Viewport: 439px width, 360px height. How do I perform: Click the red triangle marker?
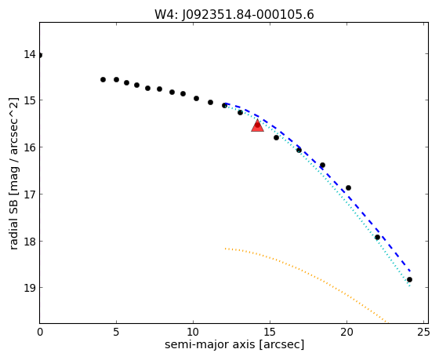257,125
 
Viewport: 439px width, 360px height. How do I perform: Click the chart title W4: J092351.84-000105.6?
234,15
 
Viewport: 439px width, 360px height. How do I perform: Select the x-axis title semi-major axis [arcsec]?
234,344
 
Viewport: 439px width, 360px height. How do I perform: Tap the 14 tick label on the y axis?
30,54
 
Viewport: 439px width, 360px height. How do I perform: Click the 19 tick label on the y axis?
30,288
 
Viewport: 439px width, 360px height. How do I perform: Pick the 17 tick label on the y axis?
30,195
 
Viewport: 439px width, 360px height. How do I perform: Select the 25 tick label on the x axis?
423,333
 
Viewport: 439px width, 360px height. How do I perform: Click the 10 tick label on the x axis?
193,333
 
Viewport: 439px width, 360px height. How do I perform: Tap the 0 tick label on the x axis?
40,333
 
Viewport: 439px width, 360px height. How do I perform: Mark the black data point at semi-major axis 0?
40,55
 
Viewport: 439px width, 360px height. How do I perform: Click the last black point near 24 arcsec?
409,279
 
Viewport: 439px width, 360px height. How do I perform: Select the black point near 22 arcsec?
377,238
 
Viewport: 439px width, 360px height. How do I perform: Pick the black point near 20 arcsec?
348,187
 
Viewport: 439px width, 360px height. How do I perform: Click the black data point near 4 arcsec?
103,79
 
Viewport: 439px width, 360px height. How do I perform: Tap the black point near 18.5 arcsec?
322,165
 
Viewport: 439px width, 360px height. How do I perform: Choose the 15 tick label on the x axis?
270,333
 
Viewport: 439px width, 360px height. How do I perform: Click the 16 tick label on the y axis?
30,147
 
